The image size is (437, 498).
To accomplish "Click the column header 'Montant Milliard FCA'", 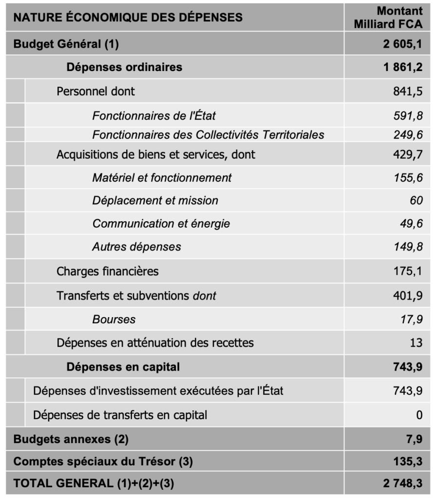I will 388,18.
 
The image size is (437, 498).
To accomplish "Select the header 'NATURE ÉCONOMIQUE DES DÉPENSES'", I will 128,18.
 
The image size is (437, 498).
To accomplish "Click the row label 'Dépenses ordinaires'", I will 124,67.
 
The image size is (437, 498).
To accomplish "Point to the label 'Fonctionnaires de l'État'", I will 154,116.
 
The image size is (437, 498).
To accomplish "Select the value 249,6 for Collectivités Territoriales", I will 408,135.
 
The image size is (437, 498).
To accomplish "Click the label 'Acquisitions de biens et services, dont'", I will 156,155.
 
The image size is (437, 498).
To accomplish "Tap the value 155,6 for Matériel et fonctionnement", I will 408,178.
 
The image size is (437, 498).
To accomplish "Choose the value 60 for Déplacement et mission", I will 416,200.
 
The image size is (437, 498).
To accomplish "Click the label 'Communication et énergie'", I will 161,224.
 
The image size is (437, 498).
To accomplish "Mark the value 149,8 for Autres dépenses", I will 408,247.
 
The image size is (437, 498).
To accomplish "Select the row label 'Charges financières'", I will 108,271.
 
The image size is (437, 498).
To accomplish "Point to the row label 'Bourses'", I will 114,320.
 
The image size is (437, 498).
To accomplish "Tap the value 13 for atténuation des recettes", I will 416,343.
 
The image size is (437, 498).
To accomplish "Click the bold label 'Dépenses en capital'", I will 123,367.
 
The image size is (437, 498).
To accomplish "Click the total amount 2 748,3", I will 402,483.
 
